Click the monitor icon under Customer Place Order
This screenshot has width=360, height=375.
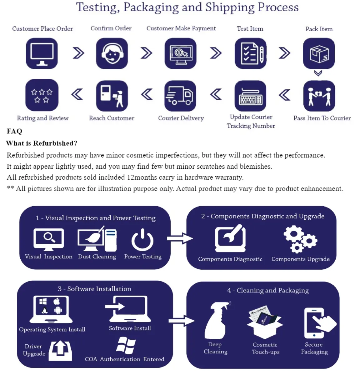click(x=42, y=53)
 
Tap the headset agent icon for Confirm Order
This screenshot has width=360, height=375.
click(x=112, y=53)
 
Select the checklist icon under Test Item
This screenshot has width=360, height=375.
click(x=251, y=53)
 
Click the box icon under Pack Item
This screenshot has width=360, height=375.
click(x=319, y=53)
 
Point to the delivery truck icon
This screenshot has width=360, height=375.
click(x=180, y=96)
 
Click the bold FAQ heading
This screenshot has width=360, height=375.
click(x=14, y=131)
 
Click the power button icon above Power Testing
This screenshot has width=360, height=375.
click(x=142, y=240)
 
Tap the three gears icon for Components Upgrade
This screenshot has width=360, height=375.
click(x=300, y=239)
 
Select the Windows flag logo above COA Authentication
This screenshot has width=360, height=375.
click(x=126, y=346)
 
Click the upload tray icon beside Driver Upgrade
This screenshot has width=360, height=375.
click(x=60, y=351)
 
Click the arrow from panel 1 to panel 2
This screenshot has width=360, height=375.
click(x=180, y=238)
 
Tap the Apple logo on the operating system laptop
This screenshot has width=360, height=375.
click(x=57, y=301)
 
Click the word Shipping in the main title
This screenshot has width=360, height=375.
click(x=230, y=7)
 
